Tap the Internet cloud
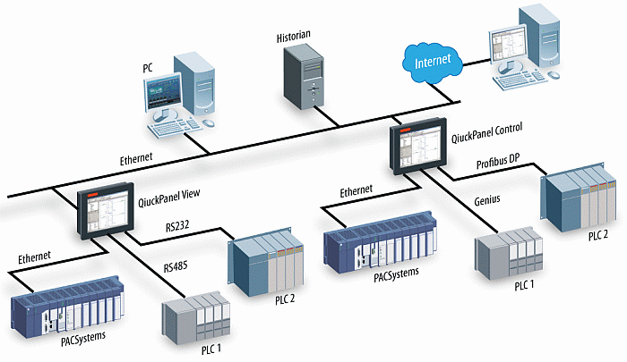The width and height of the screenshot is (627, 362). (x=434, y=62)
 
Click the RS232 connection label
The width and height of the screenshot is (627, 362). (x=177, y=228)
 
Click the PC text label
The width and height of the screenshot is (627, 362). (x=149, y=68)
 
